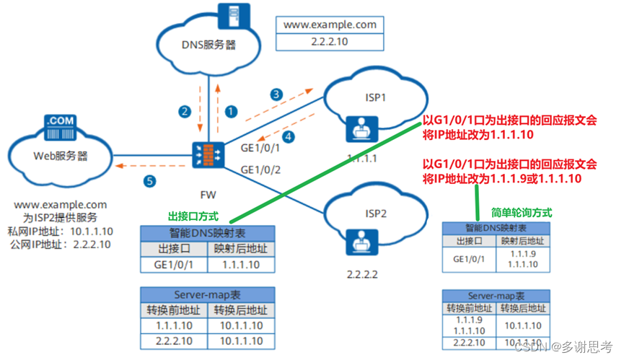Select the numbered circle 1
click(230, 111)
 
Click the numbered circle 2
click(185, 111)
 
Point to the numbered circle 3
click(276, 95)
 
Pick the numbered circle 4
click(289, 136)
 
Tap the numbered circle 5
click(149, 182)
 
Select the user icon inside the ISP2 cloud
click(358, 244)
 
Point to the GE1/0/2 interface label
click(260, 170)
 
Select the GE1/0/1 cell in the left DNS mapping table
click(171, 265)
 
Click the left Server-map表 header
click(206, 295)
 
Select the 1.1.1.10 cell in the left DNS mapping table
click(240, 265)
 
